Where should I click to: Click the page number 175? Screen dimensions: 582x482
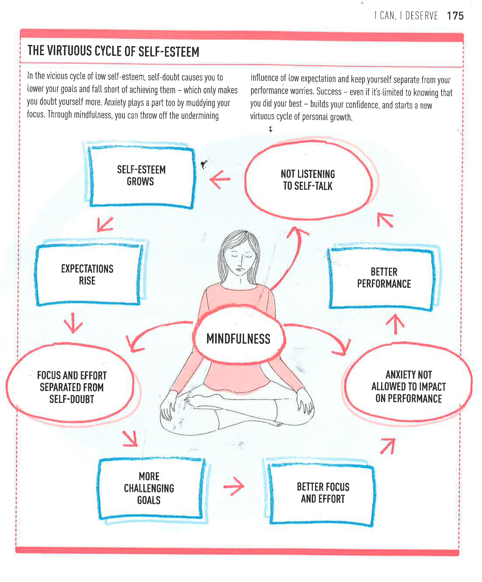(x=455, y=16)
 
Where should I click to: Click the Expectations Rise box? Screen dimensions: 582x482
(x=87, y=275)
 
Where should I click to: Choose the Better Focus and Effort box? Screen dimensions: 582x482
(x=323, y=493)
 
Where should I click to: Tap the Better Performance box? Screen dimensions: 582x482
(x=384, y=278)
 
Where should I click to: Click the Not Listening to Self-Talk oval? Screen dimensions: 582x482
(x=308, y=180)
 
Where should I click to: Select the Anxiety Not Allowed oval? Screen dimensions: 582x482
(x=408, y=387)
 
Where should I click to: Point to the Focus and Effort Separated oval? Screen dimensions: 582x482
(x=72, y=387)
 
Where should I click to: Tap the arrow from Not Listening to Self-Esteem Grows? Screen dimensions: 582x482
(x=220, y=179)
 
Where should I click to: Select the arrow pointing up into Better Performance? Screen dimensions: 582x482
(x=395, y=324)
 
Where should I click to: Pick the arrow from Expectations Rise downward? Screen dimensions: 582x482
(x=73, y=323)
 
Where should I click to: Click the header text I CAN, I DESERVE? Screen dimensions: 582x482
(x=406, y=16)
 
